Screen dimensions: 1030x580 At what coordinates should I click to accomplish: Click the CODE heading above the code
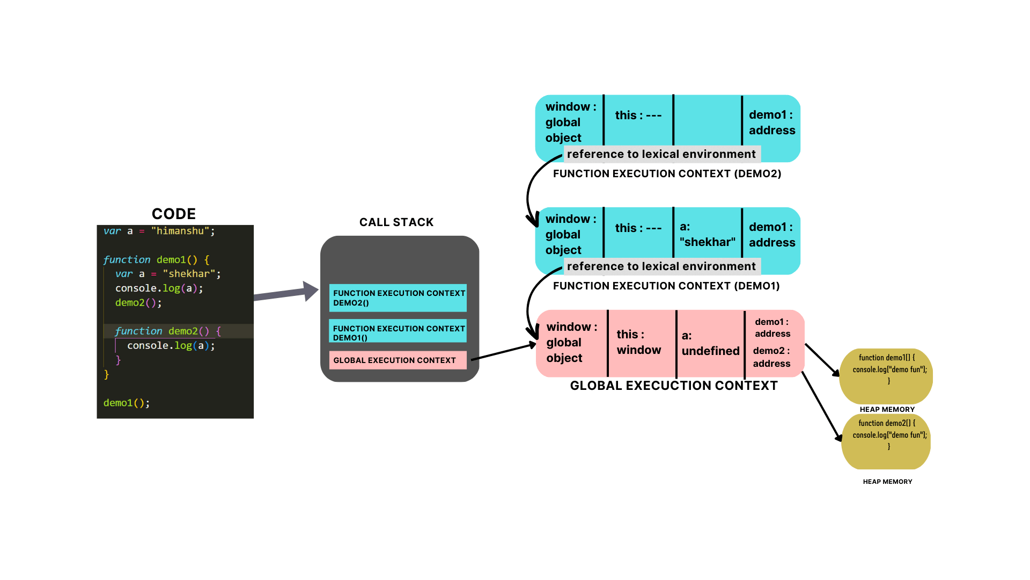(174, 214)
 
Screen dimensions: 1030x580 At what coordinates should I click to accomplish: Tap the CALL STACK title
(396, 222)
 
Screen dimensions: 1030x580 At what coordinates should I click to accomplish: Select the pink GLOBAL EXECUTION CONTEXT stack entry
(398, 360)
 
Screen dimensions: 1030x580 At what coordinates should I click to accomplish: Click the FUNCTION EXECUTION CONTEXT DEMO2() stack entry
(398, 298)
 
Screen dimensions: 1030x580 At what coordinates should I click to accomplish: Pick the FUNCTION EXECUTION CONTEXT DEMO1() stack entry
(398, 331)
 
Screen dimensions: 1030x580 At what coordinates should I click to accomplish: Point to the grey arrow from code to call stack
(286, 293)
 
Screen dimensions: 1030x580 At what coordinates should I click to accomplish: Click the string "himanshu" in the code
(180, 231)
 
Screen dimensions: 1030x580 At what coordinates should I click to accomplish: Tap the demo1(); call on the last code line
(127, 403)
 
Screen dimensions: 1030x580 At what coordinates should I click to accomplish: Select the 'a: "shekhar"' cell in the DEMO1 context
(707, 234)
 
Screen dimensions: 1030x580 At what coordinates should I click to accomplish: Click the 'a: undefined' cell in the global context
(710, 343)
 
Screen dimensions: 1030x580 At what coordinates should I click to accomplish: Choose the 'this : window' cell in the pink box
(639, 342)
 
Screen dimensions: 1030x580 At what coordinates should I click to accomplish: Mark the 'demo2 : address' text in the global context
(771, 357)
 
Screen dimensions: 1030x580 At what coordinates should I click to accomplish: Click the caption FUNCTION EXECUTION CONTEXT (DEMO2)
(667, 173)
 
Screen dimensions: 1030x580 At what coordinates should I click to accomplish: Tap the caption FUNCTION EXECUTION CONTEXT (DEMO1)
(666, 286)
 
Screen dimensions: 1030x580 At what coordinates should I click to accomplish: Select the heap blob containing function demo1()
(886, 376)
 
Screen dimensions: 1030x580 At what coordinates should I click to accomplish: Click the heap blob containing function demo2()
(886, 441)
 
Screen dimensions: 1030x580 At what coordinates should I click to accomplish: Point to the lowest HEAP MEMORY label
(887, 482)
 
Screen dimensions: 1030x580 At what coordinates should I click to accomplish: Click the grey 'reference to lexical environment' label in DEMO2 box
(661, 154)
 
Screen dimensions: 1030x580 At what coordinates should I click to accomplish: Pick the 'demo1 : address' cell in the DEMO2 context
(772, 122)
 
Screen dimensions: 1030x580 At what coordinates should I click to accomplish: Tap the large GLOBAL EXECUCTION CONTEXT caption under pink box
(674, 386)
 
